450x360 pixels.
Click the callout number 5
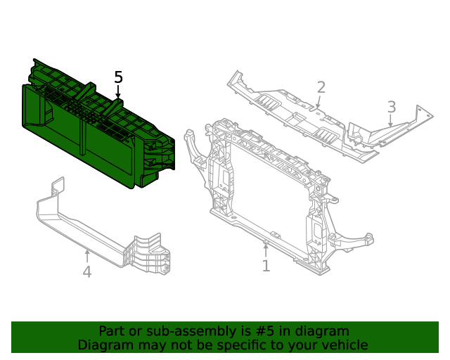[118, 77]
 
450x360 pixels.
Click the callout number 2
[321, 87]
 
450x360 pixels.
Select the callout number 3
[392, 108]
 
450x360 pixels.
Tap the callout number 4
[86, 271]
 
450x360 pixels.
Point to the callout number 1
[266, 266]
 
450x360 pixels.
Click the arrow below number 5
[118, 92]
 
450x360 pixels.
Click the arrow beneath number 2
[319, 103]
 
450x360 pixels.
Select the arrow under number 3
[390, 122]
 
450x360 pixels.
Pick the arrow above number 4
[86, 255]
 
